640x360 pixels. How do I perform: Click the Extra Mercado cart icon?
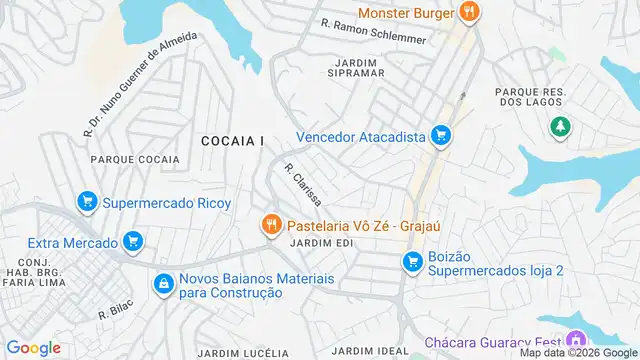131,241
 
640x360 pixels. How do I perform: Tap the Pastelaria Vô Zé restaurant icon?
269,224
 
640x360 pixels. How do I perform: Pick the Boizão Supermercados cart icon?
410,261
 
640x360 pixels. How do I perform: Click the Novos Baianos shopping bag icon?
162,284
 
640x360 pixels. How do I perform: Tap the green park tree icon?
559,127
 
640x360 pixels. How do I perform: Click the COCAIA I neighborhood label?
232,141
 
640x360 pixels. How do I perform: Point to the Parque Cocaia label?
135,159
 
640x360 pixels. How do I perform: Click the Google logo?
34,347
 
